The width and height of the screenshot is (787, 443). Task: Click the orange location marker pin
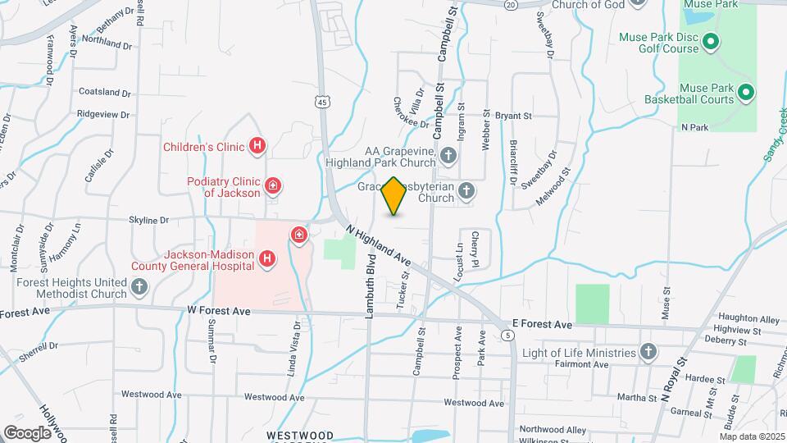pyautogui.click(x=393, y=196)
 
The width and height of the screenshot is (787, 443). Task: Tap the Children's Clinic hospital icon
pyautogui.click(x=257, y=147)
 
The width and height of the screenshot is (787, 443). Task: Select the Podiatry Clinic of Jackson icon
pyautogui.click(x=273, y=187)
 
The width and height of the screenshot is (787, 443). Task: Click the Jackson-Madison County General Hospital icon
pyautogui.click(x=266, y=260)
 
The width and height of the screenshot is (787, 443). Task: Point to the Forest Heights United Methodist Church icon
pyautogui.click(x=139, y=286)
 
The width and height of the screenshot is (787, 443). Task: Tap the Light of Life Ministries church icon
pyautogui.click(x=648, y=352)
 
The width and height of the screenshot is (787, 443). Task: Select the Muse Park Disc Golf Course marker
pyautogui.click(x=711, y=41)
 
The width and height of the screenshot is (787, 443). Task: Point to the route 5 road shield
pyautogui.click(x=509, y=336)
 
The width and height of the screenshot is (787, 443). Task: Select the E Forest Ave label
pyautogui.click(x=541, y=325)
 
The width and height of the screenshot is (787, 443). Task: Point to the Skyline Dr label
pyautogui.click(x=148, y=220)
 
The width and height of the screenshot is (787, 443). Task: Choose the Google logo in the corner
pyautogui.click(x=28, y=432)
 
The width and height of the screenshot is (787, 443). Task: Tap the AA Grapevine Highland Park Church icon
pyautogui.click(x=448, y=155)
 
